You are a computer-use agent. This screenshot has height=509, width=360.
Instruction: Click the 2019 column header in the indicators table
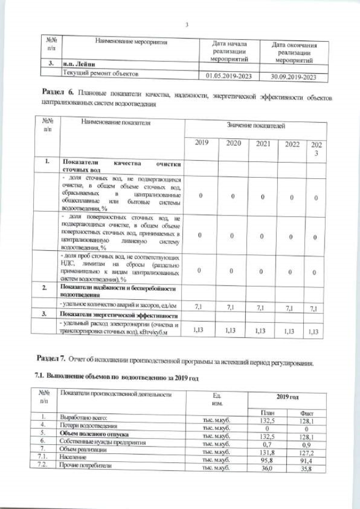point(201,144)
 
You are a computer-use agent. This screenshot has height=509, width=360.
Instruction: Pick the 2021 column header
point(263,144)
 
